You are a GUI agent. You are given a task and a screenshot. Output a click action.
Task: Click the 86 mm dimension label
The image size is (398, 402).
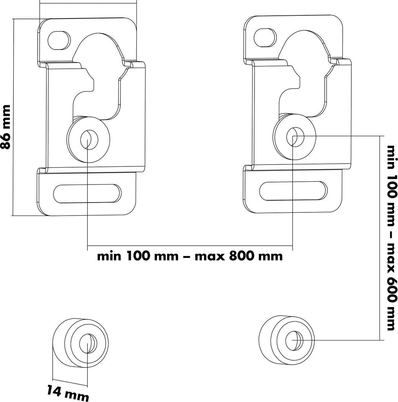click(5, 127)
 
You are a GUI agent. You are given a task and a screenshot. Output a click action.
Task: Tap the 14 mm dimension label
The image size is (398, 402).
click(68, 393)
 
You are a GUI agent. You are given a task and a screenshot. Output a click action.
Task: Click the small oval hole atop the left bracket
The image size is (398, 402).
click(59, 40)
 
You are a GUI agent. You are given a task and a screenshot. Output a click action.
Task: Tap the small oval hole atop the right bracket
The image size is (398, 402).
click(265, 37)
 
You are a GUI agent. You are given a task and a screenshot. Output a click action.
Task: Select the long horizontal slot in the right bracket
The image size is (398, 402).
click(293, 191)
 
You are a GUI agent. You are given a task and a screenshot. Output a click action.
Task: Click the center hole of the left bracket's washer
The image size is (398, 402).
click(89, 139)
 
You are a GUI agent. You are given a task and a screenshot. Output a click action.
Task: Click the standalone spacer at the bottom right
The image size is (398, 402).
click(286, 340)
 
